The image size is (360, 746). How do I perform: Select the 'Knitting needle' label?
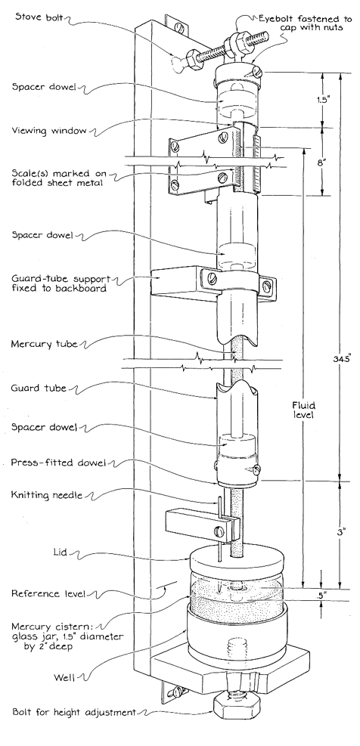click(45, 496)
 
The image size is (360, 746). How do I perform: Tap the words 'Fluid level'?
click(304, 410)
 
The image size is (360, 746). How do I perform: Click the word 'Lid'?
click(60, 553)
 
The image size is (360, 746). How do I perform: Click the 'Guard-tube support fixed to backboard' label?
click(58, 283)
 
